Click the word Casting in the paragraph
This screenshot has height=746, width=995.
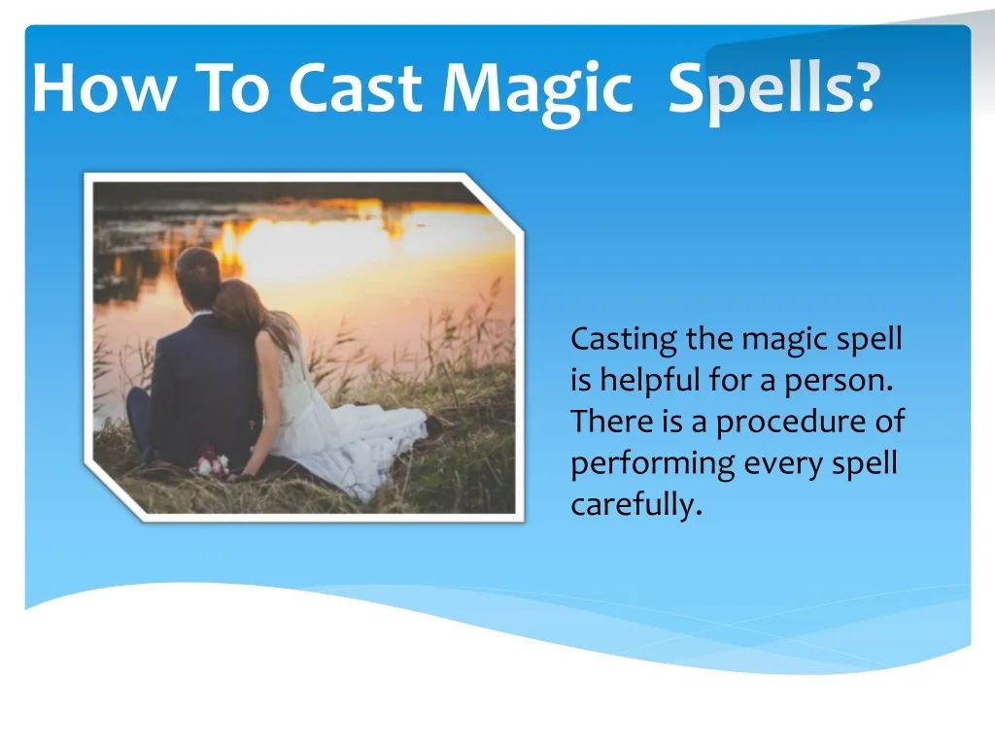coord(623,341)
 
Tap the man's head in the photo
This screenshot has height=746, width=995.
coord(198,275)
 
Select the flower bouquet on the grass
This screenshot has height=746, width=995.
coord(210,462)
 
